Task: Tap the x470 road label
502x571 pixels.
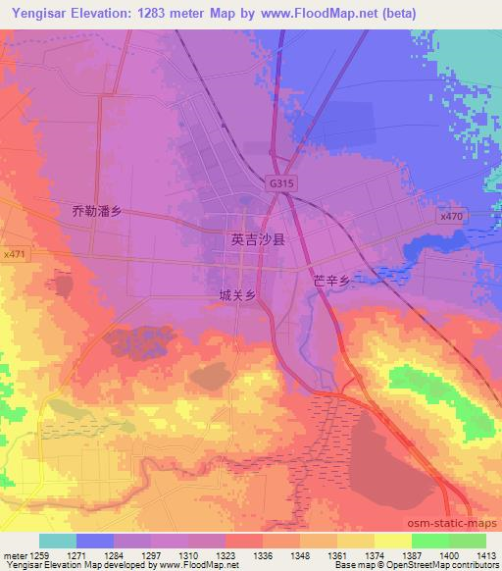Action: [451, 216]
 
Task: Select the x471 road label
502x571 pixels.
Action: [14, 254]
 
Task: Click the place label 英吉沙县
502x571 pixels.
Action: [257, 238]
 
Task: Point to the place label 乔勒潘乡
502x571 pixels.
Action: [96, 210]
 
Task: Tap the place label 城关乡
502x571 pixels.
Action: [238, 294]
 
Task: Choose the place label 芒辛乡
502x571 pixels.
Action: [331, 281]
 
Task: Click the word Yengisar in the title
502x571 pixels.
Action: [38, 14]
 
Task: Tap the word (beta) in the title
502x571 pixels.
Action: [394, 14]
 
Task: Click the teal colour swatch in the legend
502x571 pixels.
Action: [58, 541]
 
